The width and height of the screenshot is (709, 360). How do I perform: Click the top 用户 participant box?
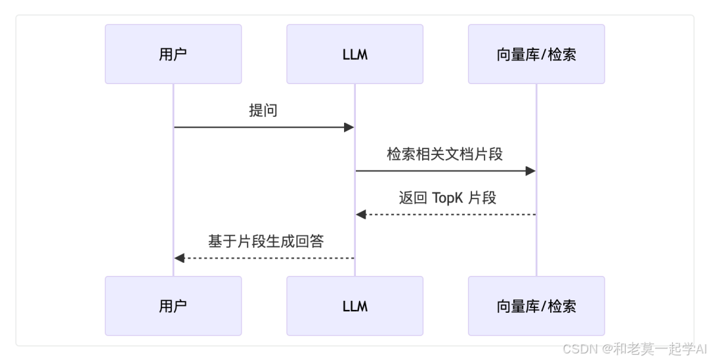(173, 55)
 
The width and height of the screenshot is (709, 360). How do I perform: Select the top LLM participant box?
(354, 55)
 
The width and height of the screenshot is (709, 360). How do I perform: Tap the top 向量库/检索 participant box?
(536, 55)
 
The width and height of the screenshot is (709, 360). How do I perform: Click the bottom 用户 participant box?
(173, 305)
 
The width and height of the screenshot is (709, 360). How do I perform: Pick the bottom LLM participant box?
(354, 305)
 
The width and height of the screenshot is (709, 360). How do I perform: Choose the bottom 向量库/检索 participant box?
(536, 305)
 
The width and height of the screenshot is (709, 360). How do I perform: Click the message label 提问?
(263, 110)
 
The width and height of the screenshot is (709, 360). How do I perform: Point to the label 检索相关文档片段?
(444, 154)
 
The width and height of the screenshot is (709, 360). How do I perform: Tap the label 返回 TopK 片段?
(447, 198)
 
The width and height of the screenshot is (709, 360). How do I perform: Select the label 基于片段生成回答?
(266, 241)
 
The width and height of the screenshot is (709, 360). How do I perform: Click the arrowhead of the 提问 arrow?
(349, 127)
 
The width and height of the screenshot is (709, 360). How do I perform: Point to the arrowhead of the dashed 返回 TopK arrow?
(360, 215)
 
